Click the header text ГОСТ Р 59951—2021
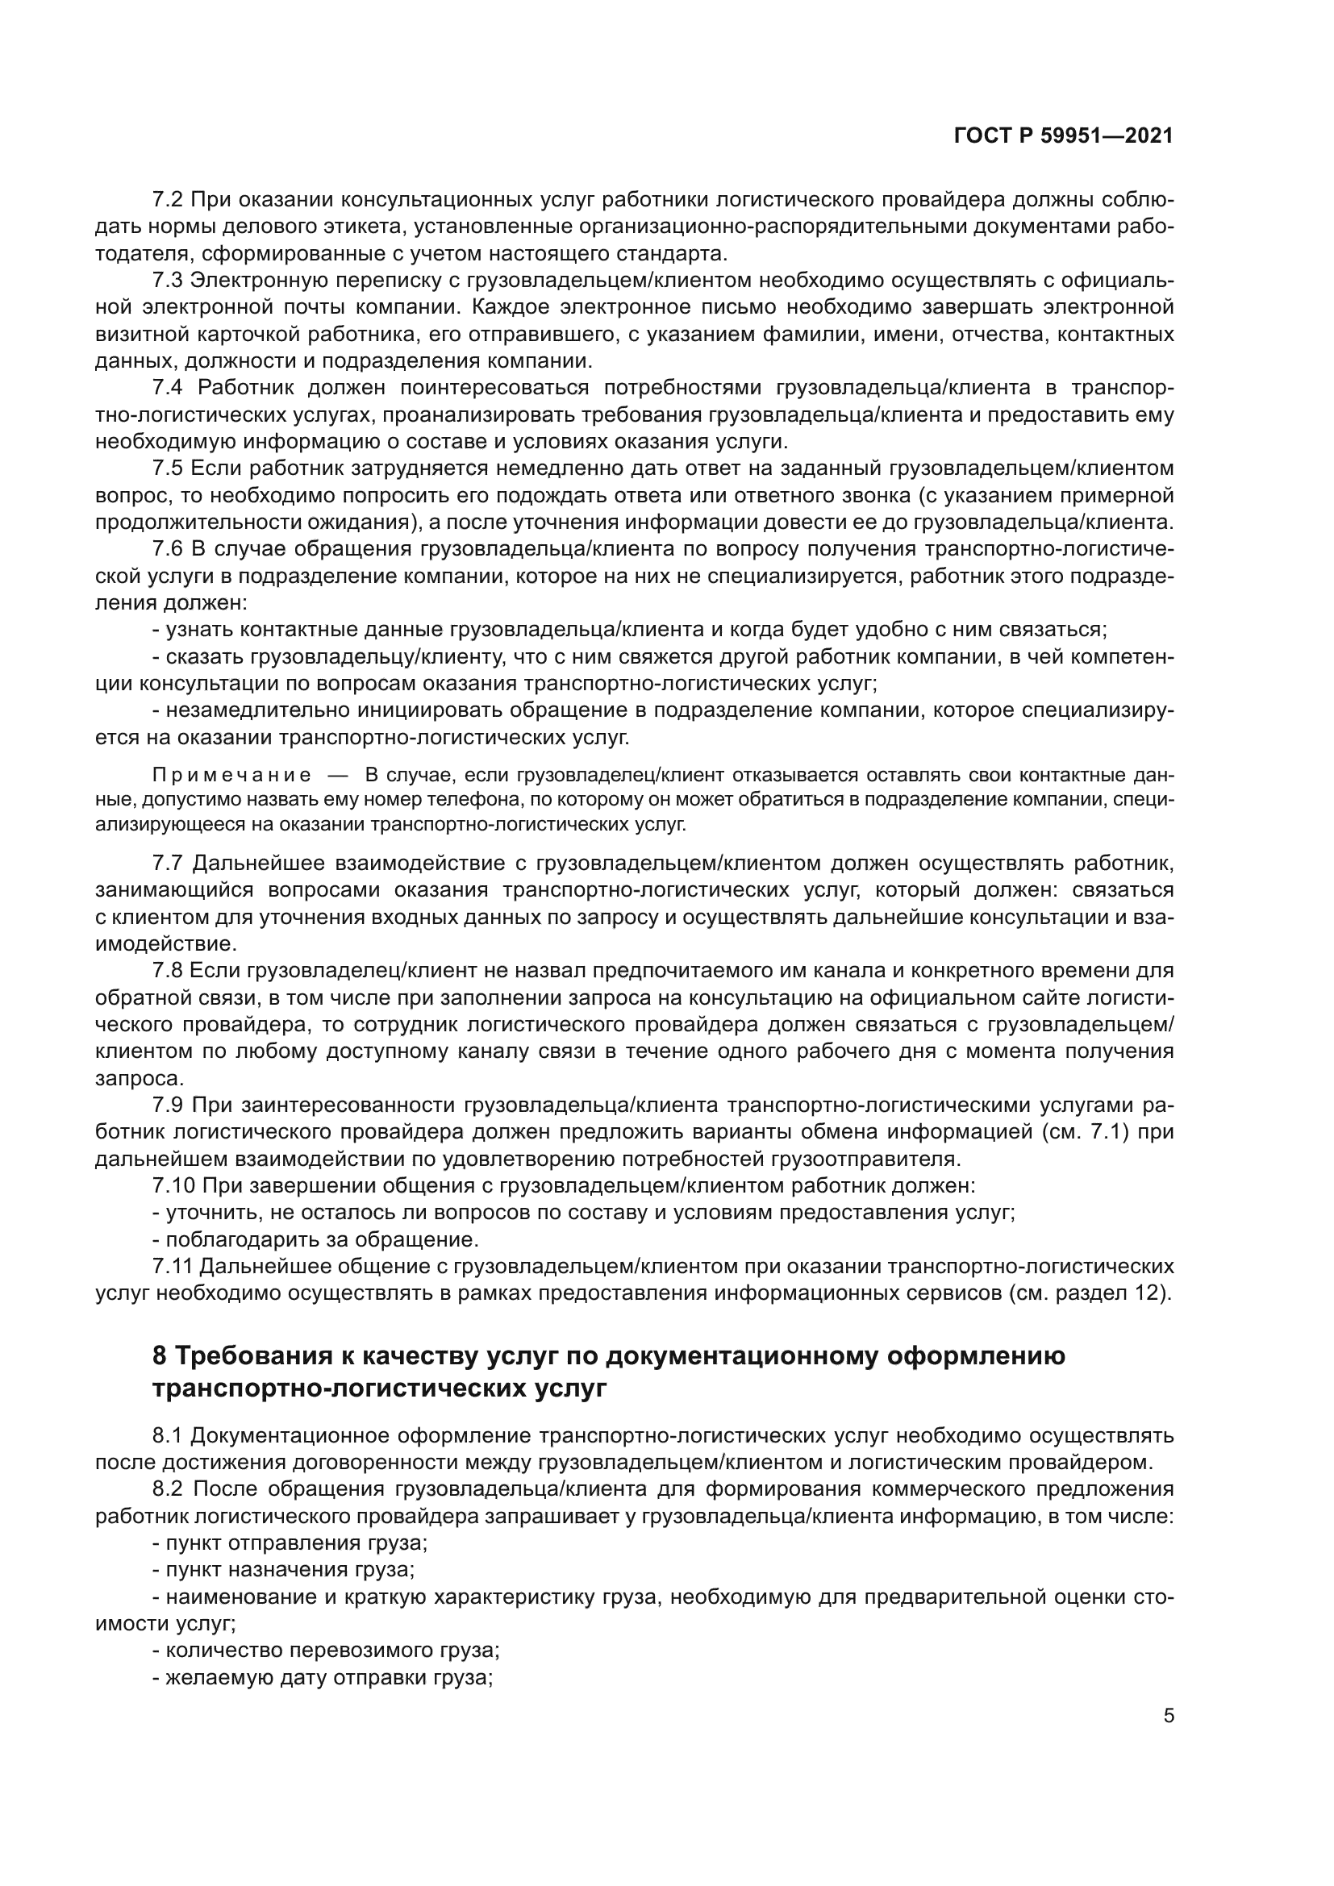pyautogui.click(x=1063, y=136)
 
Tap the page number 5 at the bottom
pyautogui.click(x=1169, y=1716)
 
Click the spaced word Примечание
pyautogui.click(x=231, y=776)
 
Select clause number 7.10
pyautogui.click(x=174, y=1185)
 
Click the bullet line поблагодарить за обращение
pyautogui.click(x=316, y=1239)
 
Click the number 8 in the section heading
pyautogui.click(x=160, y=1356)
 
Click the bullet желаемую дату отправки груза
pyautogui.click(x=323, y=1677)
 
